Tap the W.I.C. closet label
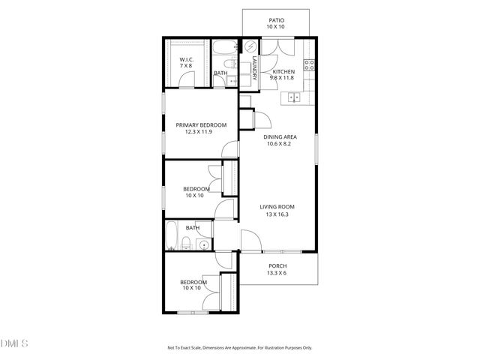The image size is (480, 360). pos(185,60)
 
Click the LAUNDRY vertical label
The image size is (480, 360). pos(255,68)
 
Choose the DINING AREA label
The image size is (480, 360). pos(280,136)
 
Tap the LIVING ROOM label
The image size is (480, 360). pos(277,206)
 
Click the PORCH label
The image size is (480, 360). pos(277,266)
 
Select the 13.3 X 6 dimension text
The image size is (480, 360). pos(277,273)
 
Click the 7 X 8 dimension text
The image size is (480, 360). pos(185,66)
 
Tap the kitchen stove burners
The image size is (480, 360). pos(307,64)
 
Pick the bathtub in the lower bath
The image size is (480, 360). pos(172,235)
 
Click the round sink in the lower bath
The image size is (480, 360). pos(203,244)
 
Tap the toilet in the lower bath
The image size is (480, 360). pos(184,243)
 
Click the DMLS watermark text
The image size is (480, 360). pos(13,343)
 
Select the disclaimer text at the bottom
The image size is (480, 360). pos(239,348)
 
